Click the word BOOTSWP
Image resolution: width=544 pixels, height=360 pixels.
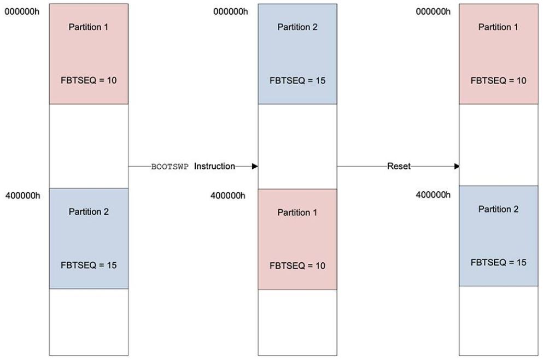170,167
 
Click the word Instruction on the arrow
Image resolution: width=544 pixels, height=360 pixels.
214,166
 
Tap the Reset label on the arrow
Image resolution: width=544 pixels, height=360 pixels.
399,166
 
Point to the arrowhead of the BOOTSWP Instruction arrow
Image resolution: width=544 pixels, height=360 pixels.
255,166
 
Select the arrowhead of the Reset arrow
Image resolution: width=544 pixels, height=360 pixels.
457,166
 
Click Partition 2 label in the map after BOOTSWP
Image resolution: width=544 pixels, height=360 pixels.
297,27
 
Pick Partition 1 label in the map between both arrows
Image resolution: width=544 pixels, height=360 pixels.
297,213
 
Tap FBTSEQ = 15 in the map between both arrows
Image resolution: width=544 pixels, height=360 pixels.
297,81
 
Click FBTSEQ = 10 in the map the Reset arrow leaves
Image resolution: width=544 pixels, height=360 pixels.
297,265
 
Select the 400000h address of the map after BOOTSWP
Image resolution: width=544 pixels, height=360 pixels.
228,196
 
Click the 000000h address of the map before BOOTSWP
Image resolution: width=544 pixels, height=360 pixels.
22,12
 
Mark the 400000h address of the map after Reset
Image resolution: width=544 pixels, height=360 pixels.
434,195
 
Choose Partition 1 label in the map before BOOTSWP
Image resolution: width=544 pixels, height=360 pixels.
89,27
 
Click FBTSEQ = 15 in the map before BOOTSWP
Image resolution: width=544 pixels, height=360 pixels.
89,265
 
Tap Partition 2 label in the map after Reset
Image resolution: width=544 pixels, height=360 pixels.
499,209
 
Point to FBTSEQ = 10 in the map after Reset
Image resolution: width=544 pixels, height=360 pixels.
499,81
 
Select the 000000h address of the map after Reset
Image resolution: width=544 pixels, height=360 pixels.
434,12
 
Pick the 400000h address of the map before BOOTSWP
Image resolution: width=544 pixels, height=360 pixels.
23,196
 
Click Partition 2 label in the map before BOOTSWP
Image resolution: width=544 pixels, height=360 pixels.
89,212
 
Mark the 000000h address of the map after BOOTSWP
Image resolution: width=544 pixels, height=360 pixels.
231,12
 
